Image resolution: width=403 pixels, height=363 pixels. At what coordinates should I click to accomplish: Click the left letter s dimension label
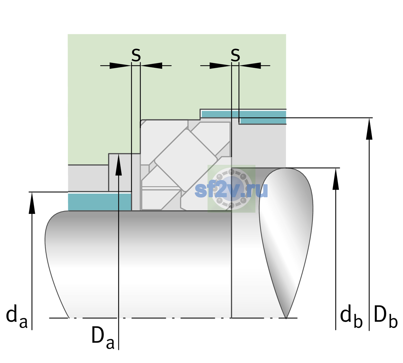point(136,55)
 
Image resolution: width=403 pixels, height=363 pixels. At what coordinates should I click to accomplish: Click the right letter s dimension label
point(235,55)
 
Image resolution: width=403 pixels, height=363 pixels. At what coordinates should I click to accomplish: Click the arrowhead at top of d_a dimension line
point(32,203)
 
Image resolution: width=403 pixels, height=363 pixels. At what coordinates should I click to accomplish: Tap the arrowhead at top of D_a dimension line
point(118,165)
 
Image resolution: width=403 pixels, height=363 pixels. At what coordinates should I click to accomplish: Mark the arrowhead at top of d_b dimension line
point(335,179)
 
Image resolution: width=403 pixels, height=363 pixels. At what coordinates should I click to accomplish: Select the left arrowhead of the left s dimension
point(120,66)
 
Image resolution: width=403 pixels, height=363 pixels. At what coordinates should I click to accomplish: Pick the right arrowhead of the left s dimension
point(151,66)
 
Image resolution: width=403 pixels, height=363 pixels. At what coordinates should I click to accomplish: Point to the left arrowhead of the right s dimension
point(220,66)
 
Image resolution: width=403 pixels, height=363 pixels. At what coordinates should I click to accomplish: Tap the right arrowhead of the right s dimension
point(250,66)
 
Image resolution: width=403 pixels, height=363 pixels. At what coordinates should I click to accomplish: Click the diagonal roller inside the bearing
point(186,160)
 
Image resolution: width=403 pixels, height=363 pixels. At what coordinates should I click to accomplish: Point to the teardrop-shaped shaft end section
point(286,243)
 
